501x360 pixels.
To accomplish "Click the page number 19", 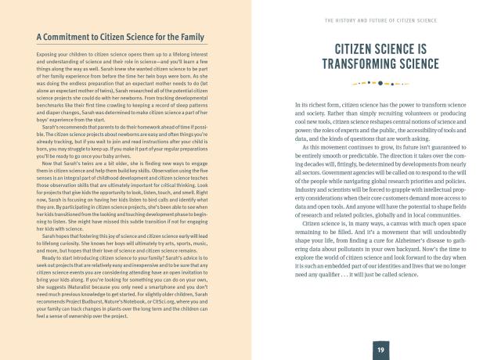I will pyautogui.click(x=378, y=347).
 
